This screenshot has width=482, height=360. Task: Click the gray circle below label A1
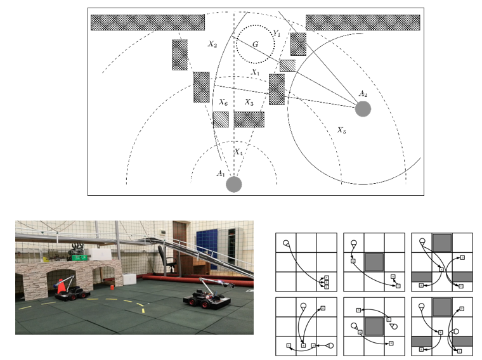click(234, 184)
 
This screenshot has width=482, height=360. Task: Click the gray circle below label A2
click(363, 109)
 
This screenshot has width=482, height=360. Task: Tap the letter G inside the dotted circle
click(255, 44)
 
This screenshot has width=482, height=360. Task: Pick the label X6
click(223, 102)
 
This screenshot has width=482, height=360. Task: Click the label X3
click(249, 102)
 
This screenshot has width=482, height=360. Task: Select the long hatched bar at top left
click(147, 22)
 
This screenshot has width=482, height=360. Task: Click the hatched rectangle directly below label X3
click(249, 119)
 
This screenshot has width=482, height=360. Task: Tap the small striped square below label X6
click(220, 119)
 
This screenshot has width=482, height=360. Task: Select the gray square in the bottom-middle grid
click(374, 326)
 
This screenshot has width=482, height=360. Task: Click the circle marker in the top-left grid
click(286, 243)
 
